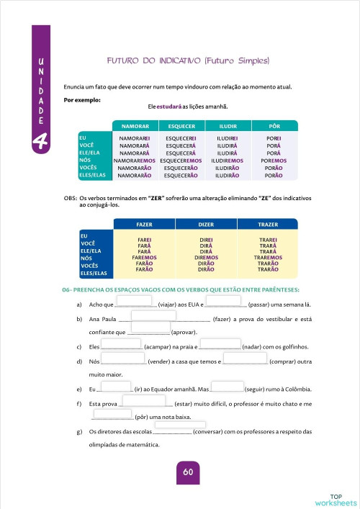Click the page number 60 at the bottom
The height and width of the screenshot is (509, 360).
(187, 472)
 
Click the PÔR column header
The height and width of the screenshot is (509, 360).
(274, 125)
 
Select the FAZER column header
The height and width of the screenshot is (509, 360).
(145, 225)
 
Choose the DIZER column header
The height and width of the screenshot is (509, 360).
(206, 225)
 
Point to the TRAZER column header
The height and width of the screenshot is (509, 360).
(267, 225)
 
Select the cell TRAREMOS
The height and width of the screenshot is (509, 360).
(267, 257)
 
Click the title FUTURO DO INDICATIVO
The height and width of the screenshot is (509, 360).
(187, 60)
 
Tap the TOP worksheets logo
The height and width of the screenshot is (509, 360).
(336, 499)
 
